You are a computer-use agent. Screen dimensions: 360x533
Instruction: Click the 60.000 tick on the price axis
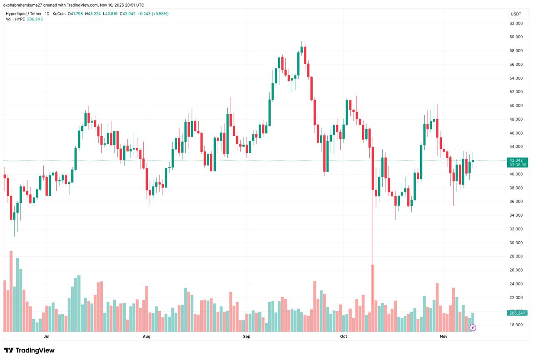coord(516,37)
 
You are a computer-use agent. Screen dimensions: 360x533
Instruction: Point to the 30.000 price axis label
coord(516,243)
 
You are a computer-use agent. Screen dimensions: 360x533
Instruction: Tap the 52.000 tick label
coord(516,92)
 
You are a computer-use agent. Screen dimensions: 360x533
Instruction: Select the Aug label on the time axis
coord(146,336)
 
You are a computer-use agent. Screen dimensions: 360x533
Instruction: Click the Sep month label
coord(247,336)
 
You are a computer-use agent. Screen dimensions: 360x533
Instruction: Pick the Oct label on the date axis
coord(344,336)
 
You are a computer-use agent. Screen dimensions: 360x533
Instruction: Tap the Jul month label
coord(46,336)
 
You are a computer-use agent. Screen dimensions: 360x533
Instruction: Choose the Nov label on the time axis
coord(443,336)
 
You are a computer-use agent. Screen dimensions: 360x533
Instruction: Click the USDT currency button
coord(516,14)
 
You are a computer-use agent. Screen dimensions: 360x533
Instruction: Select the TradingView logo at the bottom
coord(29,350)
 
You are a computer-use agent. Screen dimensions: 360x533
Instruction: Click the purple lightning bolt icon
coord(473,328)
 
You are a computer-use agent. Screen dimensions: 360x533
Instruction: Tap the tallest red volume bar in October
coord(373,298)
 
